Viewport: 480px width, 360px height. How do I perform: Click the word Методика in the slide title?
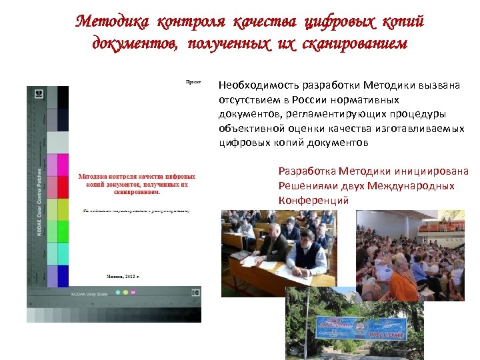point(113,22)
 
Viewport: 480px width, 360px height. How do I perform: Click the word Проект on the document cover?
point(193,81)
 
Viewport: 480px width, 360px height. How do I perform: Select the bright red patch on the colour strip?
point(63,187)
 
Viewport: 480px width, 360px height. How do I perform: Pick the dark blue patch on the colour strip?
point(63,275)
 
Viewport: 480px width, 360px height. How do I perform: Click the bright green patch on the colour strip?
point(63,231)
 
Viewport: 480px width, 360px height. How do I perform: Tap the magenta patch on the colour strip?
point(63,164)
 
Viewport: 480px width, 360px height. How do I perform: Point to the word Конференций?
point(313,200)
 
